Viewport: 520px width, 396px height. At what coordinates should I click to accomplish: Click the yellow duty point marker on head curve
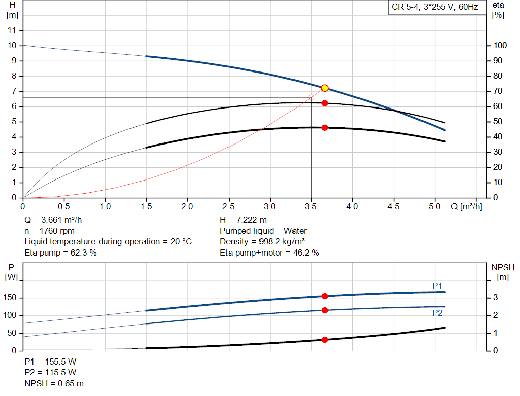(x=325, y=88)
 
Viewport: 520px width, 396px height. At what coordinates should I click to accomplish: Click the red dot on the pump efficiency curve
(x=325, y=103)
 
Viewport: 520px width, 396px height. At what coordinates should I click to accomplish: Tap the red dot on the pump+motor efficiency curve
(x=325, y=128)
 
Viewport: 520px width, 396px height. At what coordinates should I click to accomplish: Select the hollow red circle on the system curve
(x=311, y=97)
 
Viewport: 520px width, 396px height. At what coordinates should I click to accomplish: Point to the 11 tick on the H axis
(x=13, y=30)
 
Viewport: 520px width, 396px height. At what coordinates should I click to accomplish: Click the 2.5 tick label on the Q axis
(x=229, y=207)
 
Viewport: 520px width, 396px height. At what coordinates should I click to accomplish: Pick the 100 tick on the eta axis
(x=500, y=46)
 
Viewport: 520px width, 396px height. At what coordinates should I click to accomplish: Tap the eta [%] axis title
(x=498, y=10)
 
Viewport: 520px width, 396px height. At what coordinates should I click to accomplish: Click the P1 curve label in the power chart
(x=437, y=286)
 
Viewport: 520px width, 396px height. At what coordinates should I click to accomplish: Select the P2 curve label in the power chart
(x=437, y=313)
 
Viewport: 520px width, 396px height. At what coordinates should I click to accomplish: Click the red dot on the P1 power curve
(x=325, y=296)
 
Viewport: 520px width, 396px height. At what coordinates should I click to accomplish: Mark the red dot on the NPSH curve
(x=325, y=340)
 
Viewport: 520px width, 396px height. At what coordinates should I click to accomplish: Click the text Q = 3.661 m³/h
(x=53, y=220)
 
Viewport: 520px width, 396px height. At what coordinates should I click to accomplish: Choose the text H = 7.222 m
(x=243, y=220)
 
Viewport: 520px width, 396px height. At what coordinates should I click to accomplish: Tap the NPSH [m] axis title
(x=503, y=272)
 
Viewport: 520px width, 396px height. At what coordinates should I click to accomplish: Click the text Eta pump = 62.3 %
(x=60, y=253)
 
